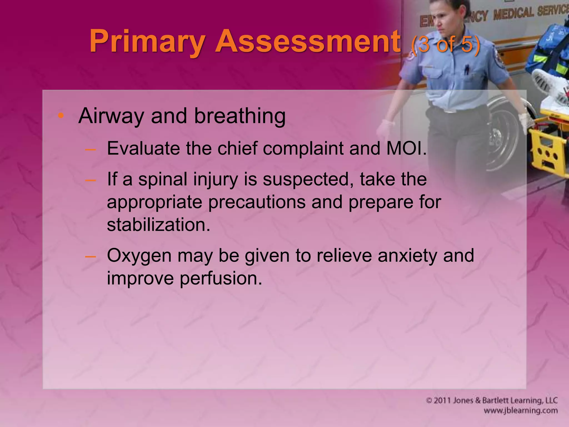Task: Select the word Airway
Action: [111, 116]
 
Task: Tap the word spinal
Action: [163, 179]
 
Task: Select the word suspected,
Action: [308, 180]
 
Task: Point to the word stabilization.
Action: [158, 225]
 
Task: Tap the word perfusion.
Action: [221, 278]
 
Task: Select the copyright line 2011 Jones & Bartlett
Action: [492, 400]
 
